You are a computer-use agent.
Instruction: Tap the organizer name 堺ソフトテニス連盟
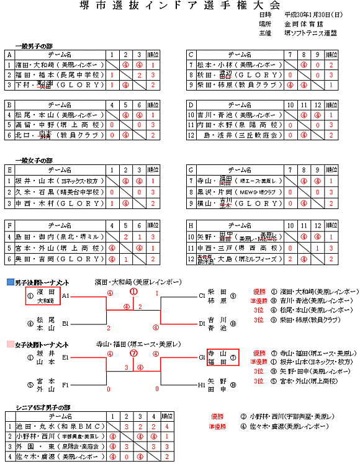pyautogui.click(x=310, y=32)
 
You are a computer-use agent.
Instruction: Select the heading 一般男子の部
pyautogui.click(x=34, y=46)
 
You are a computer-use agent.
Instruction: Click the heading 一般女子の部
pyautogui.click(x=34, y=161)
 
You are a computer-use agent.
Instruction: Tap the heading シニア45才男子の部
pyautogui.click(x=43, y=408)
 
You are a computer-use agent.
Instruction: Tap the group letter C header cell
pyautogui.click(x=191, y=55)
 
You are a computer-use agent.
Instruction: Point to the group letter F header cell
pyautogui.click(x=9, y=226)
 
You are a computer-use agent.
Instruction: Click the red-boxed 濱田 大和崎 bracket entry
pyautogui.click(x=43, y=296)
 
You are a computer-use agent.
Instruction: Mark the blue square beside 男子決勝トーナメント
pyautogui.click(x=10, y=282)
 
